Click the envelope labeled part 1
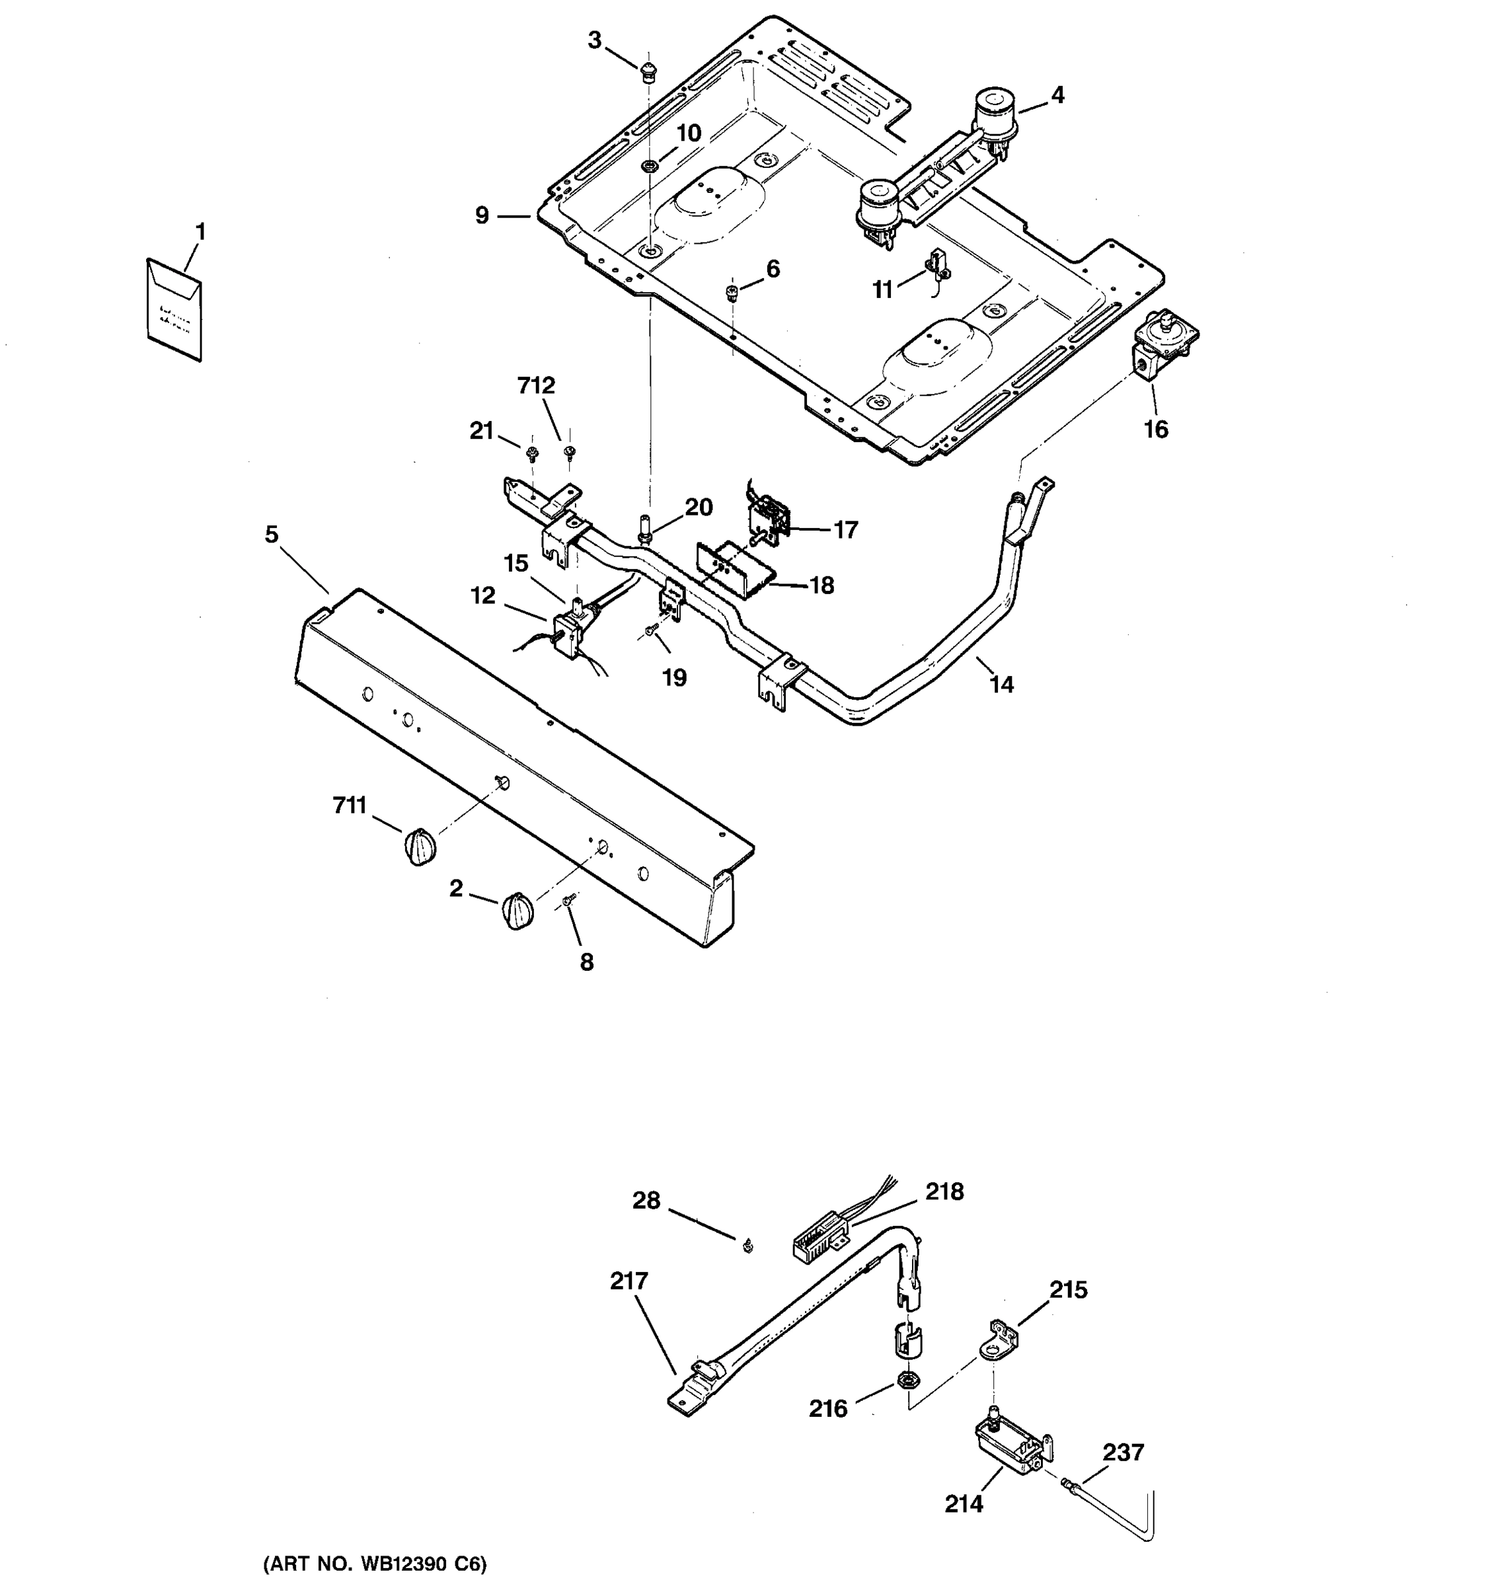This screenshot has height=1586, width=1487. coord(174,309)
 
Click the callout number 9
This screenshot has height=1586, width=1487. coord(482,216)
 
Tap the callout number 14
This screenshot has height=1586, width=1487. coord(1002,685)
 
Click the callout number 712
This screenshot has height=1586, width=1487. coord(536,386)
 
